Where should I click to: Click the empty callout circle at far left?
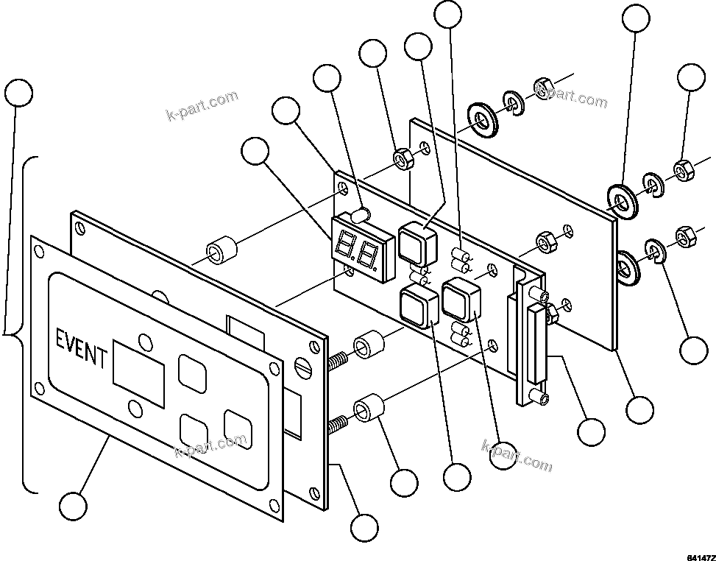[x=18, y=93]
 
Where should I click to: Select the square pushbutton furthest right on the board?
[x=461, y=298]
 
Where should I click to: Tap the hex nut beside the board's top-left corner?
[x=402, y=158]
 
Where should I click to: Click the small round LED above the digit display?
[x=361, y=215]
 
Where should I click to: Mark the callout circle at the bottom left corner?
[x=73, y=506]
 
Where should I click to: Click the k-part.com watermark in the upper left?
[x=202, y=106]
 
